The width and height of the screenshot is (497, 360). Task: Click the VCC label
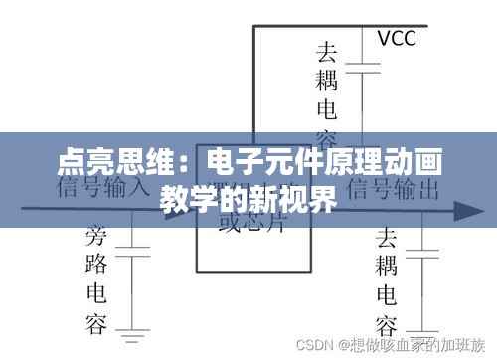point(396,39)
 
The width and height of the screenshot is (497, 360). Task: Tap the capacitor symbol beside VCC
point(369,70)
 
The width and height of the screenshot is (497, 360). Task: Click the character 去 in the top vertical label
point(327,50)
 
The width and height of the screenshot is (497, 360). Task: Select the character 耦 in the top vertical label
point(327,79)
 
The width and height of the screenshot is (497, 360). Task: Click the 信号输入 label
point(104,186)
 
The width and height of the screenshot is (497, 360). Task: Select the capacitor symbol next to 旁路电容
point(136,245)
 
